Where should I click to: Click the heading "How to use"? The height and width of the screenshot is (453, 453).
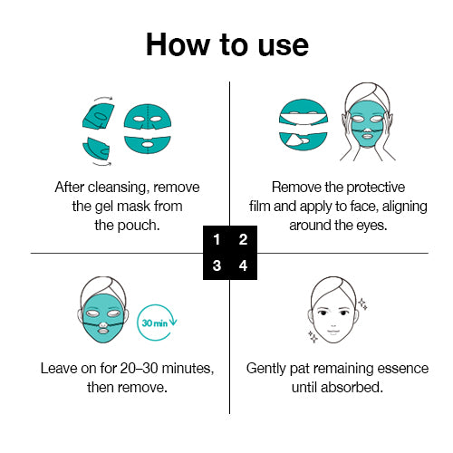226,44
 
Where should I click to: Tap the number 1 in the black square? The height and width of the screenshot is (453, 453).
216,240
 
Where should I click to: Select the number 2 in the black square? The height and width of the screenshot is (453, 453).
242,240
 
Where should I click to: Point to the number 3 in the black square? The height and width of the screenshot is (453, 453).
216,266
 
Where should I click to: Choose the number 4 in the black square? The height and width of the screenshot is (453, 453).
242,266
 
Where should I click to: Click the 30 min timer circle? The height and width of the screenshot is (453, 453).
154,323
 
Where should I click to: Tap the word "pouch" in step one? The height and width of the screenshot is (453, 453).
137,224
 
